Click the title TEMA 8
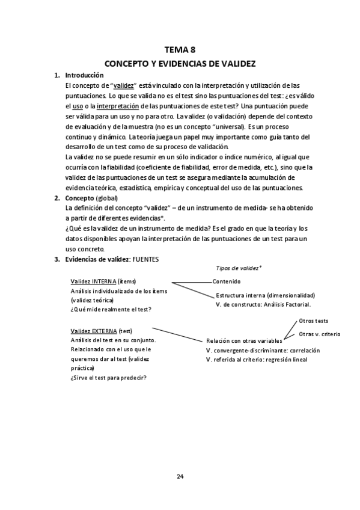click(x=180, y=51)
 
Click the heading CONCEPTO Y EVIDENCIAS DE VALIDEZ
click(x=180, y=63)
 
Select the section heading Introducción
click(x=84, y=75)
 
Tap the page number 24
click(x=180, y=476)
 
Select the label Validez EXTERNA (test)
click(x=102, y=331)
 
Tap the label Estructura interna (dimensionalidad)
click(x=265, y=295)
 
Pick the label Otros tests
click(x=313, y=321)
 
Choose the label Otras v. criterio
click(x=320, y=334)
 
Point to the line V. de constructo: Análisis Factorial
click(x=262, y=305)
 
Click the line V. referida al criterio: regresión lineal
click(x=256, y=359)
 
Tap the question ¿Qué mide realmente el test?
click(x=111, y=309)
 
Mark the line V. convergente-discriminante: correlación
click(x=263, y=350)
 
